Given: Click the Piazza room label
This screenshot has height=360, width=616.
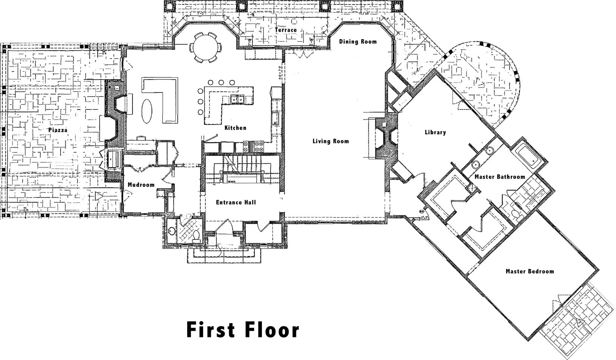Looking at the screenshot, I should point(58,130).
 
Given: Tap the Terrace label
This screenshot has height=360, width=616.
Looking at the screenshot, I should point(285,30).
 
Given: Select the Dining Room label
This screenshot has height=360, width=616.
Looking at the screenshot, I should point(357,42).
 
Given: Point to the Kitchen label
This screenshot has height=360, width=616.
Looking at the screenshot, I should point(235,128).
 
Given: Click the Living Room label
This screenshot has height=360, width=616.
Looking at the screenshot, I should point(331,141).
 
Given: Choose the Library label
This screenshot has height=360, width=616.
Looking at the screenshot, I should point(435,132).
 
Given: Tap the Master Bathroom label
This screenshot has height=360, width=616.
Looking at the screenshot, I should point(500,177).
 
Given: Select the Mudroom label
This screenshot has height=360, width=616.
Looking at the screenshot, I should point(141,185).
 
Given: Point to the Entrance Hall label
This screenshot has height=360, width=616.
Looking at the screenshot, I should point(236,202).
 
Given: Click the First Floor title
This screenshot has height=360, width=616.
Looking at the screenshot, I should point(243,330).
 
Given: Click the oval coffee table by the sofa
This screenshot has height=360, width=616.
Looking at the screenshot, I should point(147,111).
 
